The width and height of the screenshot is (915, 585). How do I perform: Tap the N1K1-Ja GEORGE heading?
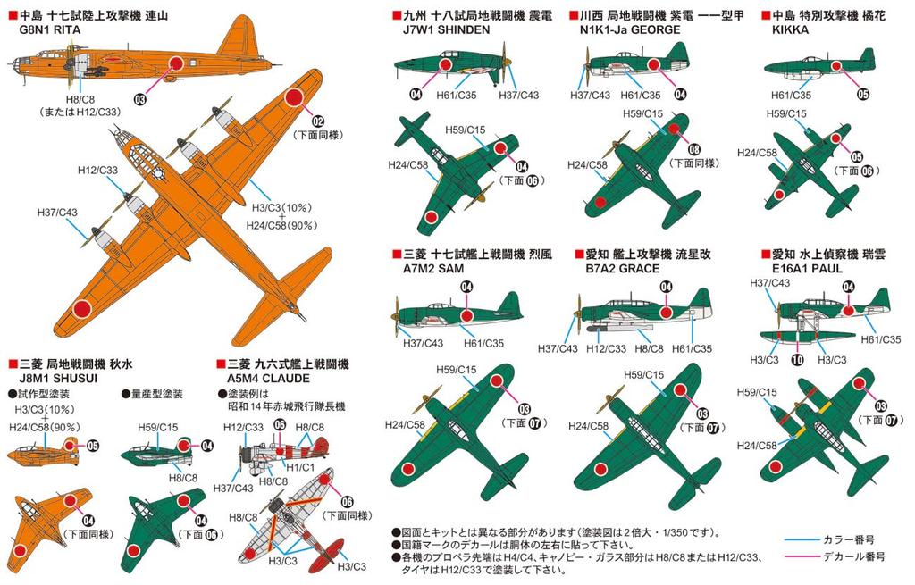[x=625, y=29]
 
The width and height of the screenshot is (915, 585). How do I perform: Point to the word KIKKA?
[x=786, y=29]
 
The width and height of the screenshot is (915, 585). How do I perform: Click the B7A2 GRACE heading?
[x=618, y=268]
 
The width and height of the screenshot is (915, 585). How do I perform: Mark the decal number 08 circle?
[x=693, y=149]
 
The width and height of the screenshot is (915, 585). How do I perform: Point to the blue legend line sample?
[x=810, y=539]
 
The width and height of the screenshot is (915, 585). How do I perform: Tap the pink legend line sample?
[x=810, y=556]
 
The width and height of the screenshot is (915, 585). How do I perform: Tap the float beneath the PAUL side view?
[x=804, y=337]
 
